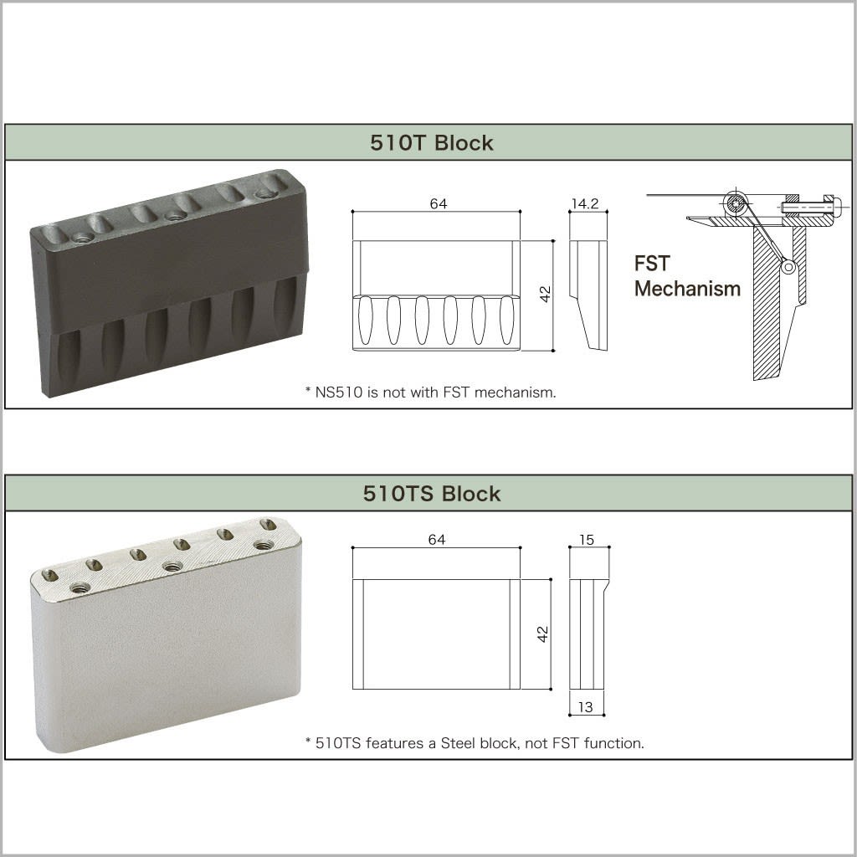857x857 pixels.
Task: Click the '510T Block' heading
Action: (432, 143)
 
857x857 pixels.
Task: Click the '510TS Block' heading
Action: (432, 494)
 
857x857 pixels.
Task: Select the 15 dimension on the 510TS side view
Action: (587, 540)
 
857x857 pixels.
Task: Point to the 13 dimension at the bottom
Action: (586, 707)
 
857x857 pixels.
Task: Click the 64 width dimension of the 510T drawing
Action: (437, 204)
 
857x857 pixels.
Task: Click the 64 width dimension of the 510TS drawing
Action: (437, 540)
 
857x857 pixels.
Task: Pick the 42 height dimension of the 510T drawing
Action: (545, 295)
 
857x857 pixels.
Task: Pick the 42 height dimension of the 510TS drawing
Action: (543, 634)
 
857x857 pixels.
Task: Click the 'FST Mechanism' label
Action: (686, 276)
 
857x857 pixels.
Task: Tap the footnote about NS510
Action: (430, 392)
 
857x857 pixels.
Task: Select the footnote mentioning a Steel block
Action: (475, 742)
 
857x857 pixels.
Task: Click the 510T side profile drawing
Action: (588, 295)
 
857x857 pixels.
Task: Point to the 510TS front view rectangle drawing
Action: (436, 634)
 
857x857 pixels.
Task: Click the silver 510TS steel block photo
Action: (166, 636)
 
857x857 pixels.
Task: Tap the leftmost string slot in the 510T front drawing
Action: (366, 320)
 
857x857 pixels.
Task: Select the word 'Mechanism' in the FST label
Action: (687, 289)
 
